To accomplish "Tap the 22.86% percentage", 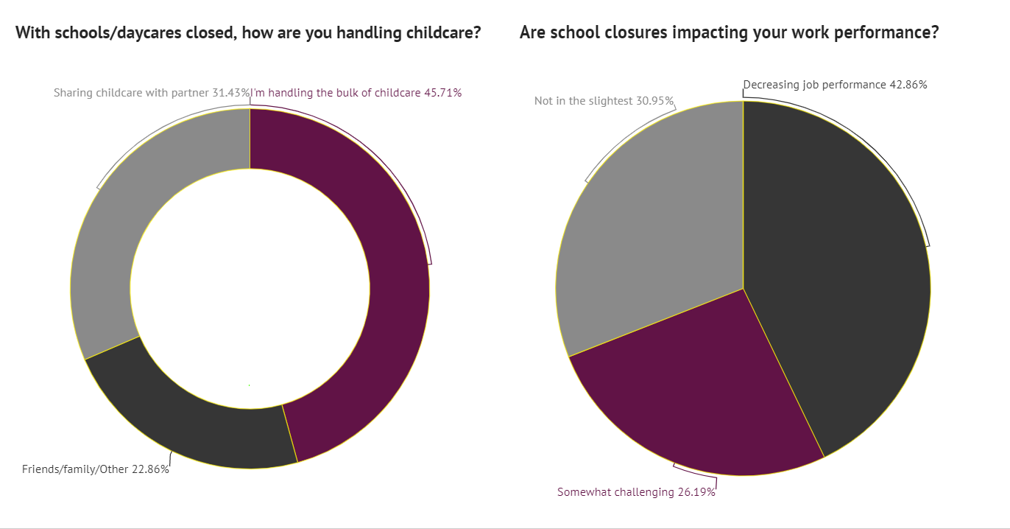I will [x=150, y=469].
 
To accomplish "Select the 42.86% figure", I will [x=908, y=85].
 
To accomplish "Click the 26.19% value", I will [x=696, y=492].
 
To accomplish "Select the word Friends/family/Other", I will [x=75, y=469].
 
